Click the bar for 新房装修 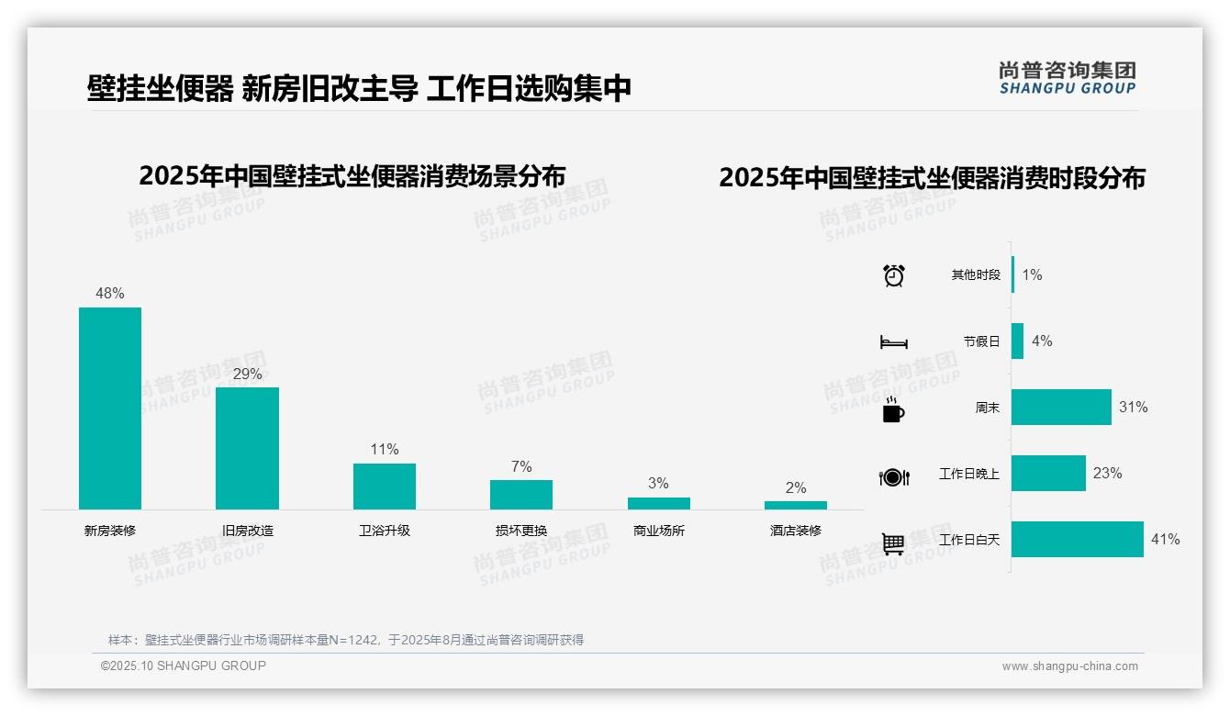tap(110, 408)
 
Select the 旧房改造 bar tap(247, 448)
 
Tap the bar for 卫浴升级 tap(385, 487)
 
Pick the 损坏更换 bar tap(521, 495)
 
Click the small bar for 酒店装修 tap(796, 505)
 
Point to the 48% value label tap(110, 294)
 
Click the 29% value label tap(247, 374)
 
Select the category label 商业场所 tap(659, 531)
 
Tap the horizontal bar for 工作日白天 tap(1078, 540)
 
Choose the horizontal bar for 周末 tap(1061, 408)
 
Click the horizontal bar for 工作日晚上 tap(1048, 474)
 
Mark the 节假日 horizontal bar tap(1017, 341)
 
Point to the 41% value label tap(1166, 540)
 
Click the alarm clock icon tap(894, 275)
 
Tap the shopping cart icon tap(893, 543)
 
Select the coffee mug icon tap(893, 411)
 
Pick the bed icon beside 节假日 tap(893, 342)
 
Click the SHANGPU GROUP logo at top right tap(1068, 78)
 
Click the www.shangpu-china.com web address tap(1069, 666)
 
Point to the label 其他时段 tap(976, 275)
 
